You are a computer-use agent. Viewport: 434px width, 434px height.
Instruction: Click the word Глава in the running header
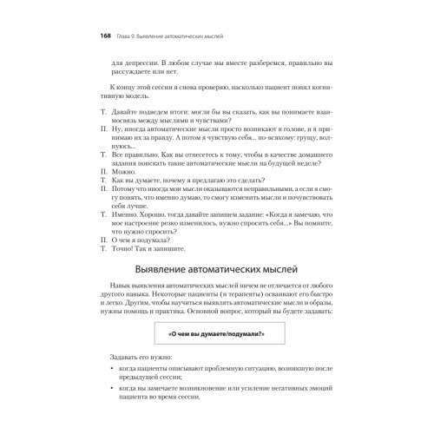tap(116, 37)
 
